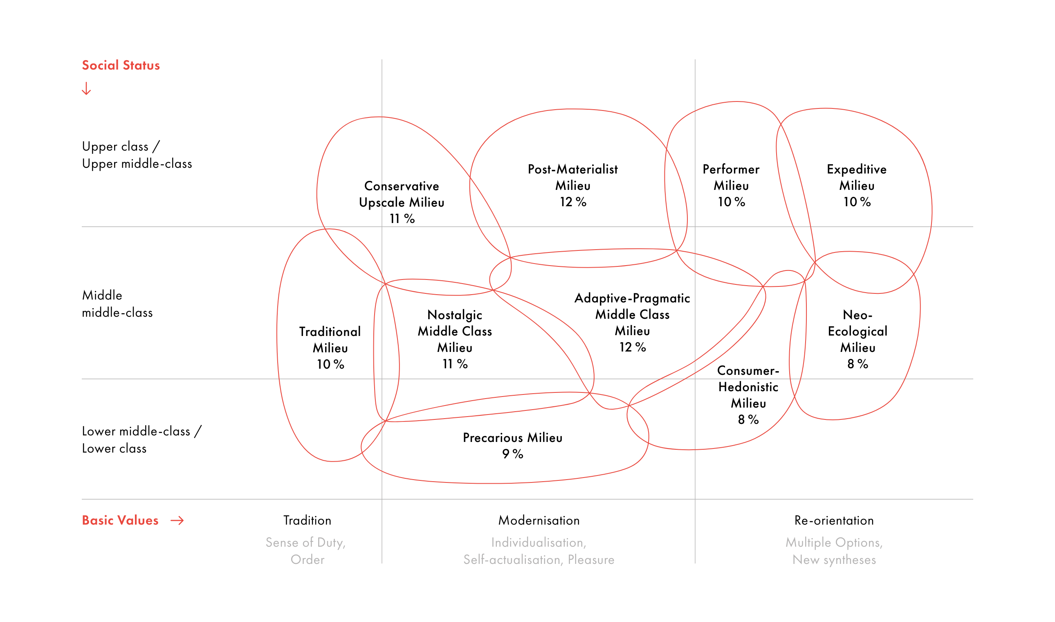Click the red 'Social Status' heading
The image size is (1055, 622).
pyautogui.click(x=121, y=65)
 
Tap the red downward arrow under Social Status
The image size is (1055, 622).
pyautogui.click(x=86, y=88)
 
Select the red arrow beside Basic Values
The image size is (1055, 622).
pyautogui.click(x=177, y=521)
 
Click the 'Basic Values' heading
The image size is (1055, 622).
pyautogui.click(x=120, y=521)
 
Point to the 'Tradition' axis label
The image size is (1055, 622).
pyautogui.click(x=307, y=521)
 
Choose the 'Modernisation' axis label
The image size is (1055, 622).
pyautogui.click(x=539, y=521)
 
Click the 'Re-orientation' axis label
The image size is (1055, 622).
pyautogui.click(x=834, y=521)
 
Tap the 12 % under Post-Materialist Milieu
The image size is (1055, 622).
pyautogui.click(x=572, y=202)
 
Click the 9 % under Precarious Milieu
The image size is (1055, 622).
pyautogui.click(x=512, y=454)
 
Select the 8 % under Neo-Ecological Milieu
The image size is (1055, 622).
pyautogui.click(x=857, y=364)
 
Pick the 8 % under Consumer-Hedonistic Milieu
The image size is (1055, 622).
pyautogui.click(x=748, y=419)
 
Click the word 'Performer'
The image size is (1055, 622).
pyautogui.click(x=731, y=169)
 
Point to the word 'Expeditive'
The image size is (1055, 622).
pyautogui.click(x=857, y=169)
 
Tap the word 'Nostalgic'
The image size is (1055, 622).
pyautogui.click(x=454, y=315)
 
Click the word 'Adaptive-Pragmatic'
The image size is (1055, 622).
pyautogui.click(x=632, y=298)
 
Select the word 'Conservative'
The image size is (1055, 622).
pyautogui.click(x=401, y=186)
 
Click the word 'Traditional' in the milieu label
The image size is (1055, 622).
pyautogui.click(x=330, y=331)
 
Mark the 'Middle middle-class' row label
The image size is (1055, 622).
pyautogui.click(x=117, y=304)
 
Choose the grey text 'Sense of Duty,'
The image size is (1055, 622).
pyautogui.click(x=305, y=542)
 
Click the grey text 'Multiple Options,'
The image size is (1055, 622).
pyautogui.click(x=834, y=542)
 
